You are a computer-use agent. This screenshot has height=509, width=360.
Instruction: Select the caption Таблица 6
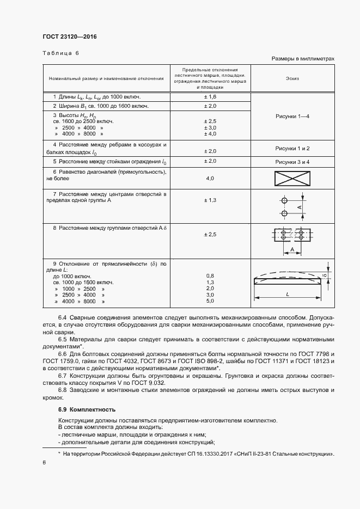point(61,53)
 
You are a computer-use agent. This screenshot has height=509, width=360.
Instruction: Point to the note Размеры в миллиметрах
point(302,58)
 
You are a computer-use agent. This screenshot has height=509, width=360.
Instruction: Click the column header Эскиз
point(292,78)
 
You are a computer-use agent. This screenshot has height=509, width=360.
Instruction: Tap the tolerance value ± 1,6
point(210,96)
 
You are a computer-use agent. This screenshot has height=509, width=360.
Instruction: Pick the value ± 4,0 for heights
point(210,133)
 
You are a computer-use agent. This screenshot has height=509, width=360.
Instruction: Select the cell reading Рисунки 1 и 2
point(292,148)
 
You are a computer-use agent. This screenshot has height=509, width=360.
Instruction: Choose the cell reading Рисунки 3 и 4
point(292,162)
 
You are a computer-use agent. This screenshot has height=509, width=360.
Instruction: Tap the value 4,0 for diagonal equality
point(210,178)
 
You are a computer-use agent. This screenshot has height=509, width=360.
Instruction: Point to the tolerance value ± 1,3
point(210,200)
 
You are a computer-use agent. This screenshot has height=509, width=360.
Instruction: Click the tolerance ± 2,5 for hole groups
point(210,234)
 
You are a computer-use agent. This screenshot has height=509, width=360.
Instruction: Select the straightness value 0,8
point(210,276)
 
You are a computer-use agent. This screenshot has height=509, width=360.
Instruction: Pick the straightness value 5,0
point(210,301)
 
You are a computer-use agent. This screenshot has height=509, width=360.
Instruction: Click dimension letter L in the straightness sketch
point(286,294)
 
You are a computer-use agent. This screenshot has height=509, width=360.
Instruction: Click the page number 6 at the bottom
point(44,462)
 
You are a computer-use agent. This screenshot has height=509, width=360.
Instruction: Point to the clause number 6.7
point(62,376)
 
